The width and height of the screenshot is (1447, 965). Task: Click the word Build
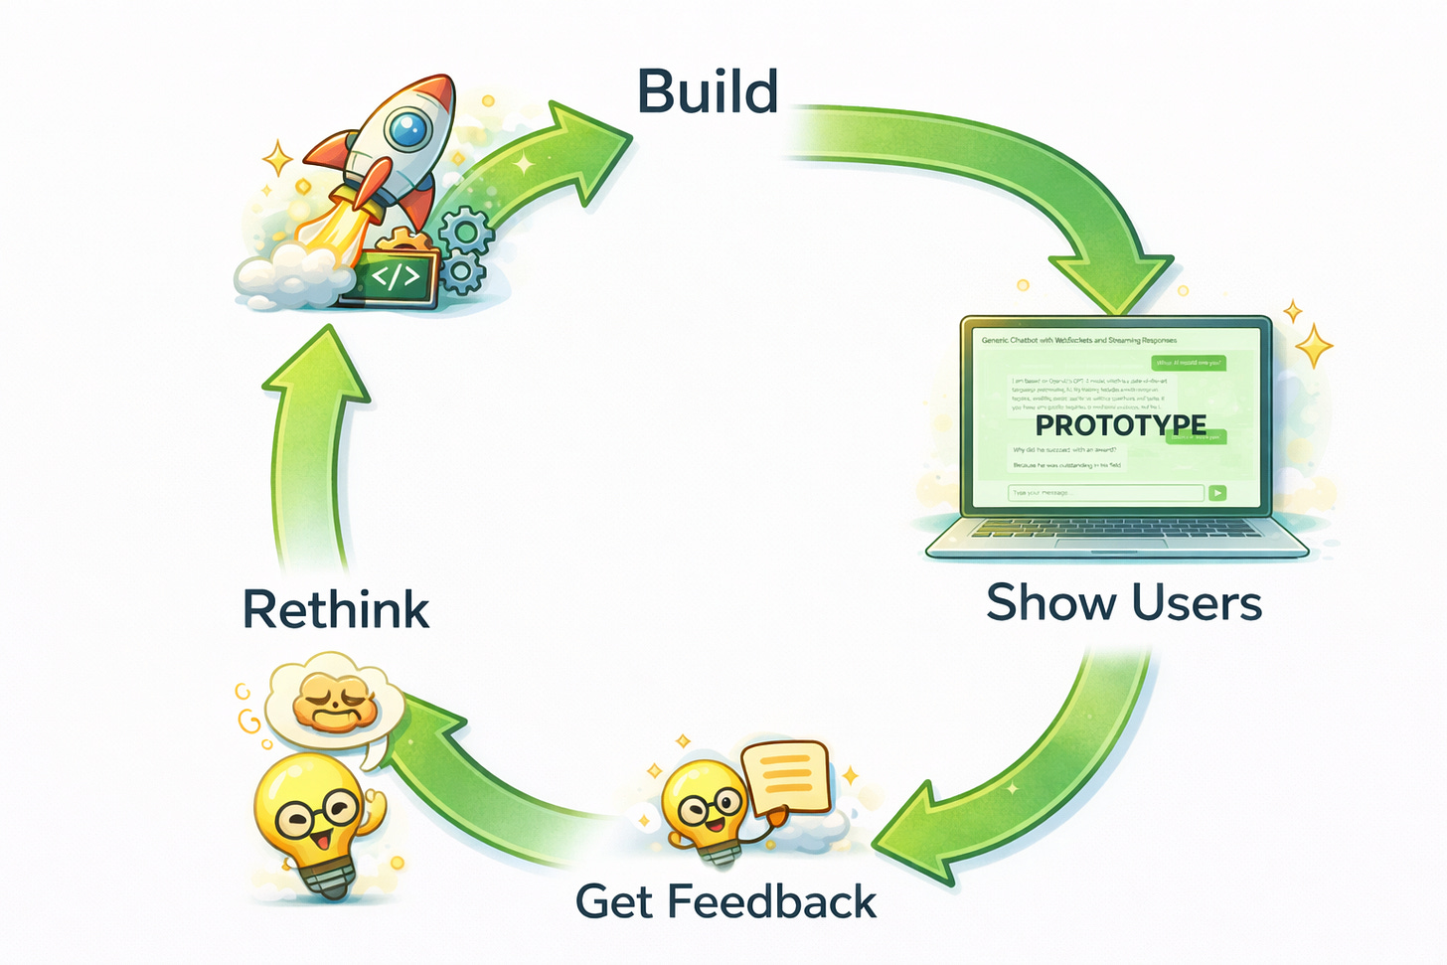(707, 92)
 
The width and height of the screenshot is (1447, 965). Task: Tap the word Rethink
(336, 609)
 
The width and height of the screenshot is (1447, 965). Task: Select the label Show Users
(1123, 603)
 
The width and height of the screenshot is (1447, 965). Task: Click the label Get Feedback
(725, 902)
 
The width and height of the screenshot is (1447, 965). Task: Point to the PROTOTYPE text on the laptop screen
(1120, 425)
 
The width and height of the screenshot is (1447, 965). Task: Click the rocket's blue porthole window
(407, 129)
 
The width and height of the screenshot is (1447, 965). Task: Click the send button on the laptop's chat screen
(1217, 493)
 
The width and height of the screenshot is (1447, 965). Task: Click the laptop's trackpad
(1111, 543)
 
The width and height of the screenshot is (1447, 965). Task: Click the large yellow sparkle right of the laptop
(1314, 347)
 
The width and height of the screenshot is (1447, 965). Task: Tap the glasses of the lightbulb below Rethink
(318, 817)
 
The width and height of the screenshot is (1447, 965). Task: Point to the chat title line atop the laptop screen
(1078, 340)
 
